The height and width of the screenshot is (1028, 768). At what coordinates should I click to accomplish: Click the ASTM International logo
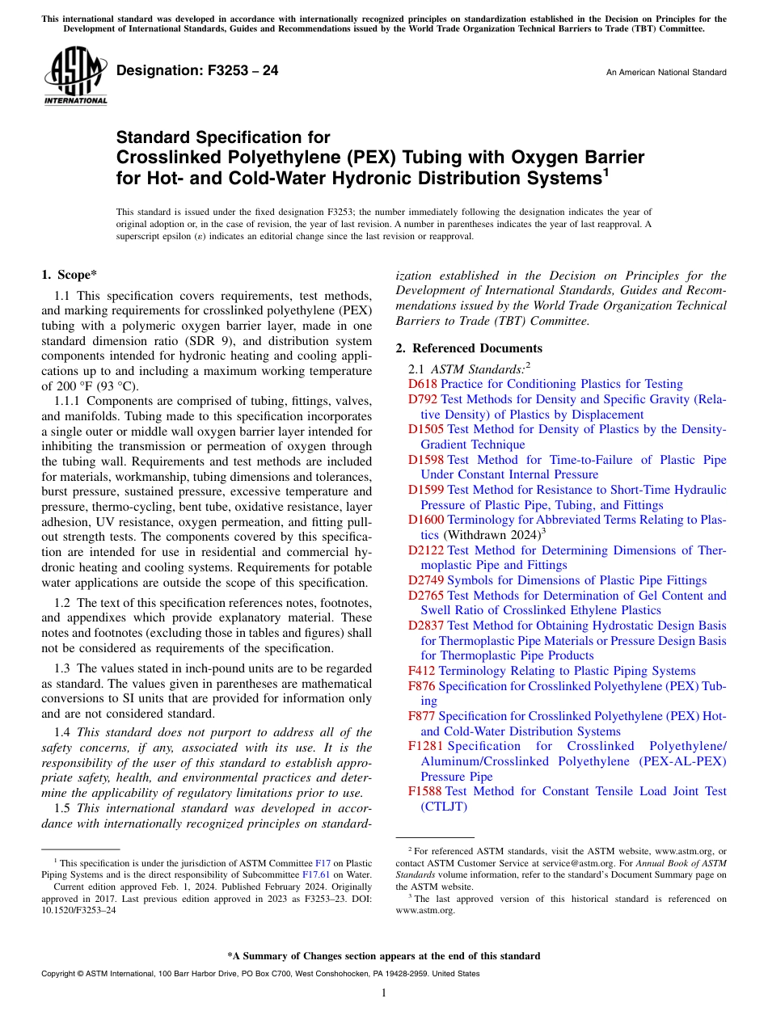tap(74, 76)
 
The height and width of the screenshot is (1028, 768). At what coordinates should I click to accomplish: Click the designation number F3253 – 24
tap(197, 71)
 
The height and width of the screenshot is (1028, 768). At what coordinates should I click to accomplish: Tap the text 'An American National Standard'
tap(665, 73)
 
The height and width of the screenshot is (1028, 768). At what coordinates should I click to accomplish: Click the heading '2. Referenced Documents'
tap(469, 348)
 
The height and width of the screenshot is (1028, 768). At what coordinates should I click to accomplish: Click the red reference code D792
tap(423, 399)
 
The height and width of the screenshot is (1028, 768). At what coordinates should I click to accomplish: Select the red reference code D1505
tap(426, 429)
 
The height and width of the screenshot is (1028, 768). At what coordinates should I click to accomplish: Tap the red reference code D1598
tap(426, 460)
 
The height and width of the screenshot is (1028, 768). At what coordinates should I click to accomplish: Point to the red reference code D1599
tap(426, 490)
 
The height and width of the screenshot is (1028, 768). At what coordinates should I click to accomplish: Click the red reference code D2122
tap(426, 550)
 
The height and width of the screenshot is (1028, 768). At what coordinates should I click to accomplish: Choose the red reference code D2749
tap(426, 580)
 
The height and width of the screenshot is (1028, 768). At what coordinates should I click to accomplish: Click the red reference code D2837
tap(426, 626)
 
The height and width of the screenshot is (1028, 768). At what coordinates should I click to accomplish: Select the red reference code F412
tap(422, 671)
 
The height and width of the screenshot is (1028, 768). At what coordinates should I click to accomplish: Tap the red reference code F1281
tap(425, 746)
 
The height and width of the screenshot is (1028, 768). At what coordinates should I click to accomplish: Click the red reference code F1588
tap(425, 791)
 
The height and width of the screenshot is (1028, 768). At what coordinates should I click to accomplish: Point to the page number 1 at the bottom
tap(384, 993)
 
